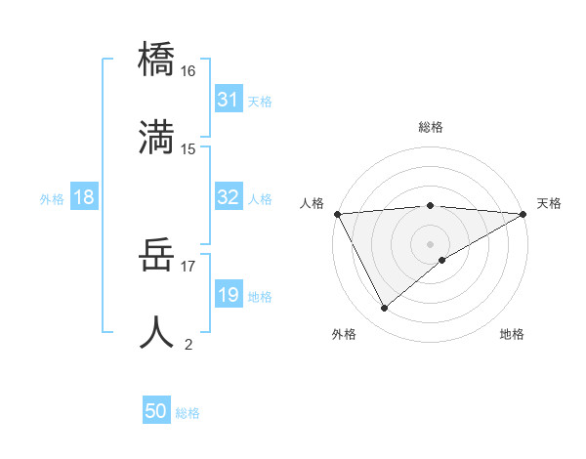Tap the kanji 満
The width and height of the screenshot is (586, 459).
157,136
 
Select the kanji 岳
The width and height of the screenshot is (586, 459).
157,256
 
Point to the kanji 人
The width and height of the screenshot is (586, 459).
157,331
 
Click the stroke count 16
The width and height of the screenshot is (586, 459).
188,71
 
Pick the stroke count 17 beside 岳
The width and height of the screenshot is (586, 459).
188,265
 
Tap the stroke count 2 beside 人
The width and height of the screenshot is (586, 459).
188,344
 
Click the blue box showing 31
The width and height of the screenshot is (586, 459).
228,100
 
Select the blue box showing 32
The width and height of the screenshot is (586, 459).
228,197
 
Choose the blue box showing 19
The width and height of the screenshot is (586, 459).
228,295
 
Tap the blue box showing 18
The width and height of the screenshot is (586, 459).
84,197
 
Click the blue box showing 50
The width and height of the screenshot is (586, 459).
156,411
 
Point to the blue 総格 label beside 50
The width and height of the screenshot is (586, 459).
188,413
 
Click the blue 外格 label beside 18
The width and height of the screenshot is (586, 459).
52,199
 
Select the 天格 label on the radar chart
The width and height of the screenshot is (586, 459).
549,203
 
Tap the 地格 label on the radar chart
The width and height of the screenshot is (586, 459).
512,334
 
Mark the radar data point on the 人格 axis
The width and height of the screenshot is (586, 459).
337,214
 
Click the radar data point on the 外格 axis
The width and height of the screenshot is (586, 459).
384,309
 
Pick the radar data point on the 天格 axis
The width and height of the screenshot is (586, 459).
523,214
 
